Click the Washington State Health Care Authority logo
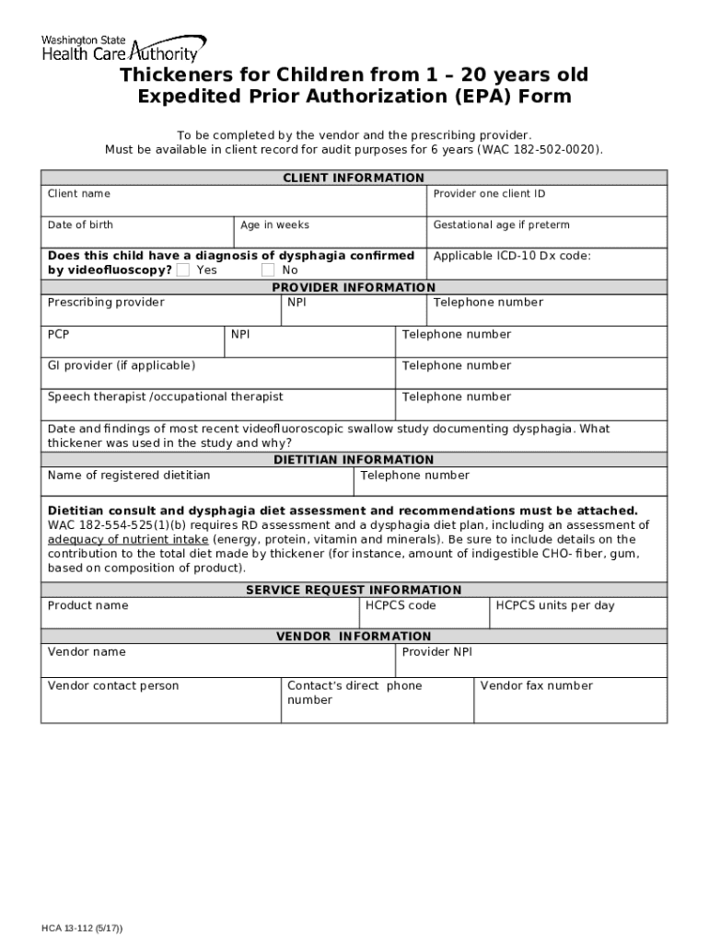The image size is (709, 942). point(122,48)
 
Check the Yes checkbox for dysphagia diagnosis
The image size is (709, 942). point(183,270)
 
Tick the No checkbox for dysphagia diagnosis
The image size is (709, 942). point(268,270)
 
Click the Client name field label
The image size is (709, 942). point(79,194)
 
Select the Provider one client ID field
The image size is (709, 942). point(547,201)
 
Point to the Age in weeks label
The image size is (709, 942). point(274,225)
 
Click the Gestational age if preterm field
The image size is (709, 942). point(547,232)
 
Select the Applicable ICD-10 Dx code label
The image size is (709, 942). point(512,257)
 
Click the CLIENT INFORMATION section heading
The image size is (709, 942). point(354,178)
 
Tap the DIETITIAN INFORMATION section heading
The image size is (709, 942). point(354,459)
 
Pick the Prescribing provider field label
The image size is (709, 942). point(106,303)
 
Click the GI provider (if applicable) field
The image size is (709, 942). point(217,373)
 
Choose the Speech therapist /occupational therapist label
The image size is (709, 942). point(166,397)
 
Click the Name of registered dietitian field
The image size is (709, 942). point(196,482)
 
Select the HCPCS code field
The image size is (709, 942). point(424,613)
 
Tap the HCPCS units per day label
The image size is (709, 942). point(555,606)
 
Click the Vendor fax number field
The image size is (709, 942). point(569,701)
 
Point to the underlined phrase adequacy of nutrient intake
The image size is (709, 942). point(129,539)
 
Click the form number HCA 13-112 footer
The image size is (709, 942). point(82,927)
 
